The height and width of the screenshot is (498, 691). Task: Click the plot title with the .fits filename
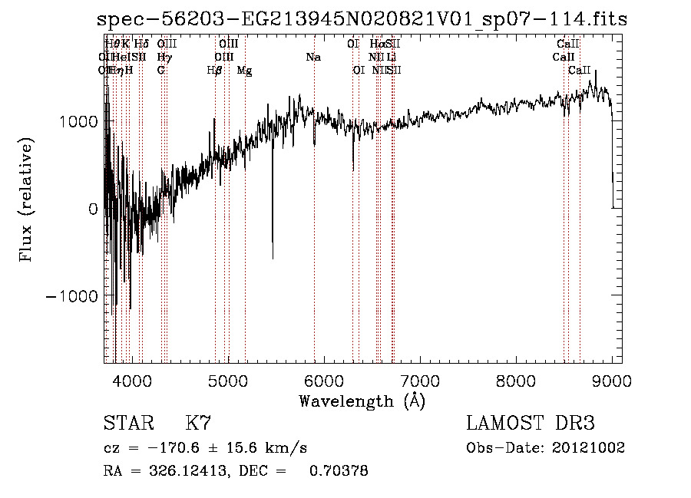362,20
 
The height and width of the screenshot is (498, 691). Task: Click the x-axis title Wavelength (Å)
362,401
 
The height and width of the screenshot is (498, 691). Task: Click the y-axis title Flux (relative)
27,201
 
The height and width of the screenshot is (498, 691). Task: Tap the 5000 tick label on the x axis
227,381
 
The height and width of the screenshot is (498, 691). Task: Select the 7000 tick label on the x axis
419,381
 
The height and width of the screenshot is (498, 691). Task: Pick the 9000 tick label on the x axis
612,381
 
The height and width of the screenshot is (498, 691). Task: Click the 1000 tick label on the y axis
78,121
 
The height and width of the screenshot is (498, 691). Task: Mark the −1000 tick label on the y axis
73,296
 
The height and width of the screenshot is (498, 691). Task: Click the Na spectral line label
313,58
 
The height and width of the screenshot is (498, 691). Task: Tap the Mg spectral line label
244,71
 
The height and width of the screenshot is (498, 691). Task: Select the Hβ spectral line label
215,71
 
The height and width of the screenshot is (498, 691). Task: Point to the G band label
160,71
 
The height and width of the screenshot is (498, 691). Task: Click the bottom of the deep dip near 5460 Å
273,258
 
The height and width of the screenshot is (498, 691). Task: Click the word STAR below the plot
127,424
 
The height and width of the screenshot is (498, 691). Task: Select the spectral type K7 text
198,424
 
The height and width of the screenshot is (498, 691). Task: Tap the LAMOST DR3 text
531,424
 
